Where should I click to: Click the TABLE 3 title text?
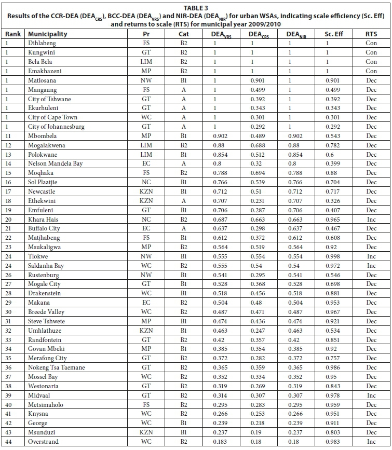tap(195, 7)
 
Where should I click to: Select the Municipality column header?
tap(48, 34)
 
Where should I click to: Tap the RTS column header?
tap(371, 34)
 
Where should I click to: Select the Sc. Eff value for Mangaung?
tap(327, 90)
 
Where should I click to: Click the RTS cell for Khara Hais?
tap(371, 220)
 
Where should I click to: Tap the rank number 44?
tap(7, 442)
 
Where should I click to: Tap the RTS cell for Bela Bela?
tap(371, 62)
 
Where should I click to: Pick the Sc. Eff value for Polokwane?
tap(327, 155)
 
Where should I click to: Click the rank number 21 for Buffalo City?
tap(7, 228)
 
